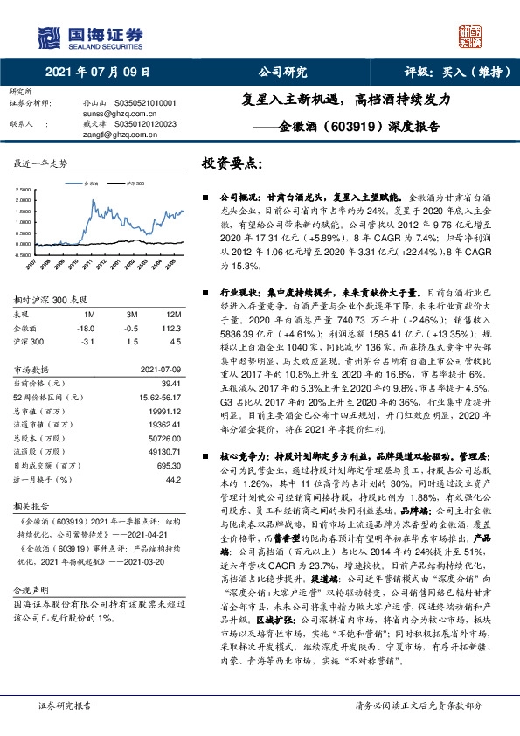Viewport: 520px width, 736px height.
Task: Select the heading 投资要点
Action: [232, 163]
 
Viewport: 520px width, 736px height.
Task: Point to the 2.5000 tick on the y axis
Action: [24, 190]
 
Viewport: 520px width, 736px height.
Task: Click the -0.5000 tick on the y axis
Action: [24, 254]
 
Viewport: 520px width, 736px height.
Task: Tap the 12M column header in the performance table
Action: [173, 314]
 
